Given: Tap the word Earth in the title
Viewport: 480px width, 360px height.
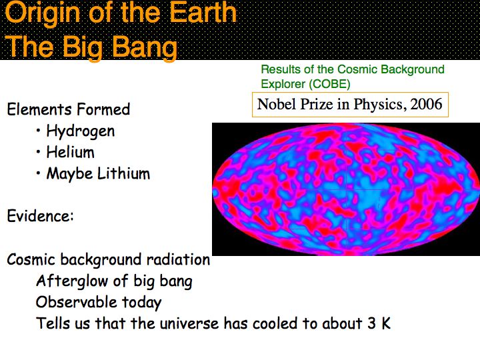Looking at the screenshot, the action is [203, 12].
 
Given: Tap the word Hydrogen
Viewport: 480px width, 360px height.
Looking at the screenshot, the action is [81, 131].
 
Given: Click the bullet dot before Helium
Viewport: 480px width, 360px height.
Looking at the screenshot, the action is [38, 152].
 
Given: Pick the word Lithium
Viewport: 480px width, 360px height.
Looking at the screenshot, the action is [124, 173].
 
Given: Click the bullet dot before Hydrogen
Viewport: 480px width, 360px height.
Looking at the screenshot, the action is [38, 131].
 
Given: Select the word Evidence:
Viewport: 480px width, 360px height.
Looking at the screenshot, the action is [40, 216].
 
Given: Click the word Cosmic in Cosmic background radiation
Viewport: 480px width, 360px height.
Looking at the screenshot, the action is [31, 259].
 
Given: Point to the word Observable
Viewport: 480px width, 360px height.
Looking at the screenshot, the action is [76, 302].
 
